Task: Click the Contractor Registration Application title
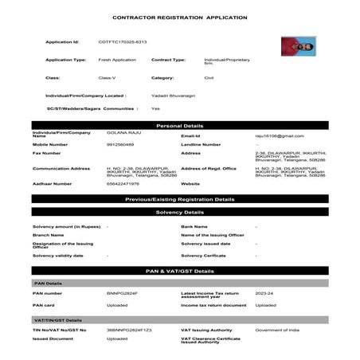[179, 17]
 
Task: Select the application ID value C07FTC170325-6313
[122, 41]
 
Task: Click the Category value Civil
[209, 78]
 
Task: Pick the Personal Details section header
[179, 126]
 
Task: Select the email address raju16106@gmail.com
[279, 136]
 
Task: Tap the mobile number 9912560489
[120, 144]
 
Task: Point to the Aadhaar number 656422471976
[123, 183]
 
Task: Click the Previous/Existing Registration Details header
[179, 199]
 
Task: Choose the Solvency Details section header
[179, 213]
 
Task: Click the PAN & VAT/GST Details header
[179, 271]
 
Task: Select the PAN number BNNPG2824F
[123, 294]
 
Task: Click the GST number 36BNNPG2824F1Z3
[129, 330]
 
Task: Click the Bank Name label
[194, 226]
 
